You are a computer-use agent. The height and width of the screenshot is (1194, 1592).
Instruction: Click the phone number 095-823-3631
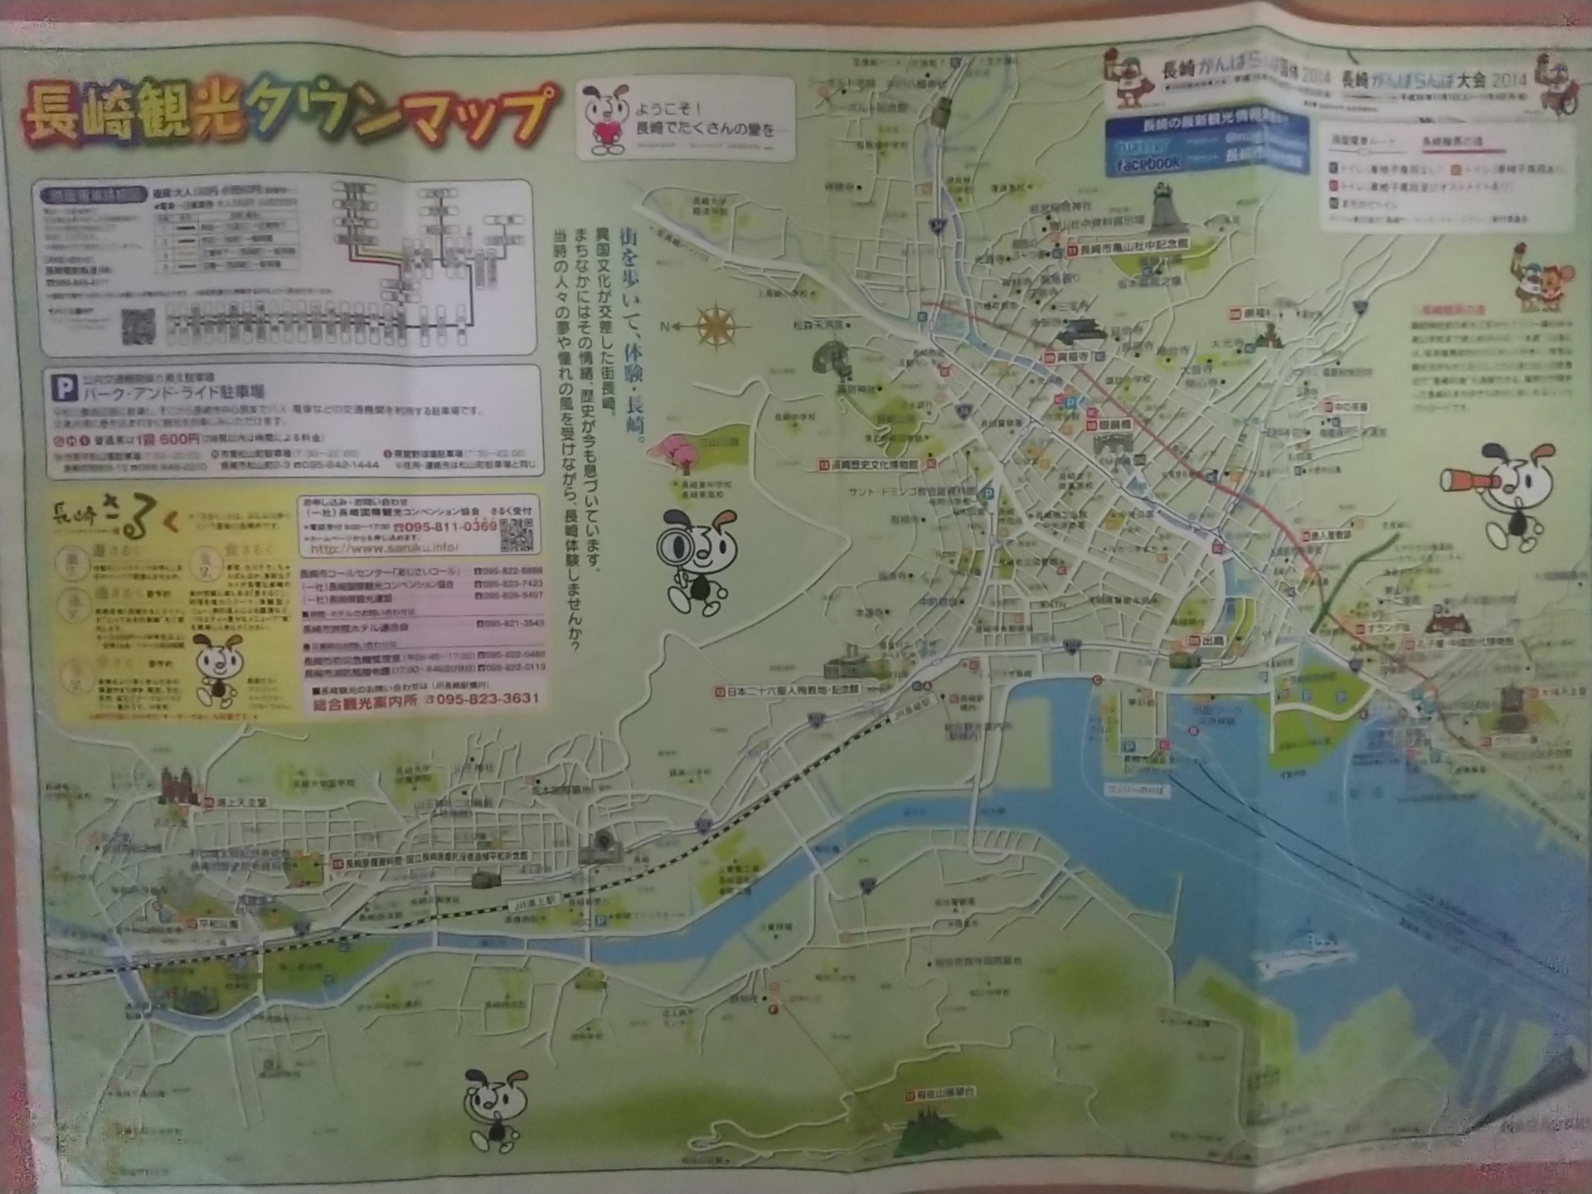point(488,700)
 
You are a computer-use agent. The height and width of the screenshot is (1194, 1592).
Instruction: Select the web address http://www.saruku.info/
point(384,548)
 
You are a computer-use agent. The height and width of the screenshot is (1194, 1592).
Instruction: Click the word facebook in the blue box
point(1148,164)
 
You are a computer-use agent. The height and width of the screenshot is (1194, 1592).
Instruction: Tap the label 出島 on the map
point(1211,641)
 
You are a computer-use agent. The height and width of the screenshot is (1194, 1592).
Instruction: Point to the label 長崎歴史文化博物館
point(873,465)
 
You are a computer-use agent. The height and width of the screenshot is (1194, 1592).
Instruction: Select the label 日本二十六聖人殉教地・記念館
point(792,690)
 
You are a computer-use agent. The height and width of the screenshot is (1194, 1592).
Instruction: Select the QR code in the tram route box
point(138,326)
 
